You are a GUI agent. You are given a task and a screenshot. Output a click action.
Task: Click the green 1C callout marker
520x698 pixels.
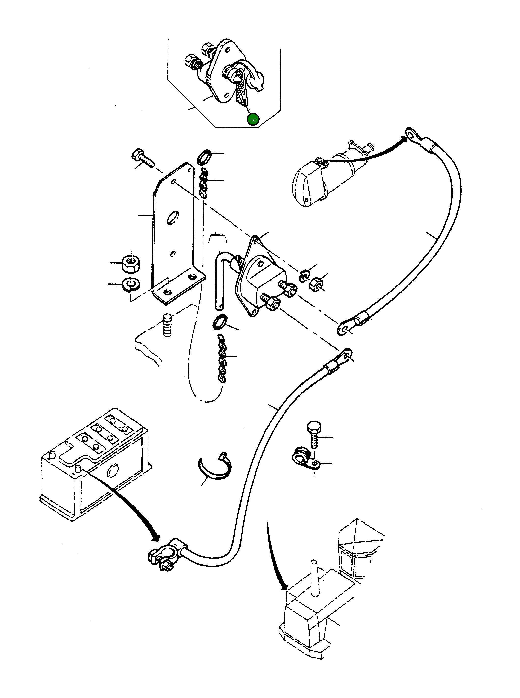click(254, 120)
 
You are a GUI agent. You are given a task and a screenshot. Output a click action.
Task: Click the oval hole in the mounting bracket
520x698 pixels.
click(172, 217)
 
